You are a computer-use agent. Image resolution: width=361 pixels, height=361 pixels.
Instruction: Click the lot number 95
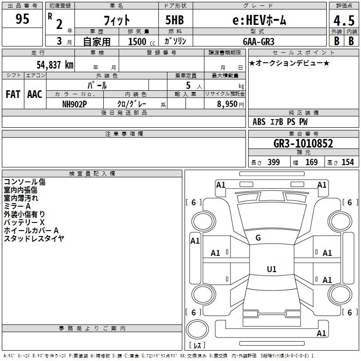[22, 19]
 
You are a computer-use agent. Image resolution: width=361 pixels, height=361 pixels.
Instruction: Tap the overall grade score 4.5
[344, 20]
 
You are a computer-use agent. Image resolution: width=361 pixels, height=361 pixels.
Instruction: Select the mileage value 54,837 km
[55, 65]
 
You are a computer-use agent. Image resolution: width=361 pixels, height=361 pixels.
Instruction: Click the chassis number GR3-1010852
[303, 143]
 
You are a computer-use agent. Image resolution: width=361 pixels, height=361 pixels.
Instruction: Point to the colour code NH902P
[74, 104]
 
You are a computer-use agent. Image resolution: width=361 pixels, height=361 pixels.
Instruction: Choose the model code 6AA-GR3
[259, 42]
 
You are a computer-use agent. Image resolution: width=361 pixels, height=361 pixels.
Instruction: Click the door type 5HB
[175, 20]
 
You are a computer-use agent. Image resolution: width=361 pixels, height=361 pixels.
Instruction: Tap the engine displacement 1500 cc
[142, 42]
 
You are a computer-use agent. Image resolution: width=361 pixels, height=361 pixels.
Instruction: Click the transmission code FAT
[13, 94]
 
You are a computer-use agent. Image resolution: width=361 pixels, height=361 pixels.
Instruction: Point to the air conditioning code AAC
[35, 94]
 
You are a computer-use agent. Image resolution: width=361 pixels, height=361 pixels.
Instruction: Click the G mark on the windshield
[258, 238]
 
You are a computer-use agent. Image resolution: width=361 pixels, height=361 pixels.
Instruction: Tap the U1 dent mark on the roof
[272, 269]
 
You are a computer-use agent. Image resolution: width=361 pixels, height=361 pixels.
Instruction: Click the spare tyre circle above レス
[197, 329]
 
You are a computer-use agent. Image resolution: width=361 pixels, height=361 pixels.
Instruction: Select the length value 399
[273, 162]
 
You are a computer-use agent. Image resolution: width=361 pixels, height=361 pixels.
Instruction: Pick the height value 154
[347, 162]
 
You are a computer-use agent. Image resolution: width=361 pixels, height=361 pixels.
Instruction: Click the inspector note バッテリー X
[24, 222]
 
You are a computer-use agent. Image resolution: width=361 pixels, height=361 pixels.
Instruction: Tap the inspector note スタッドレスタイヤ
[34, 239]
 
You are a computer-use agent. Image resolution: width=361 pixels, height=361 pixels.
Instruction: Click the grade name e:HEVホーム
[259, 20]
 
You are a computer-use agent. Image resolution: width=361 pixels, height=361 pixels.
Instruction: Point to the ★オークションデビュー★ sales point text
[289, 63]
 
